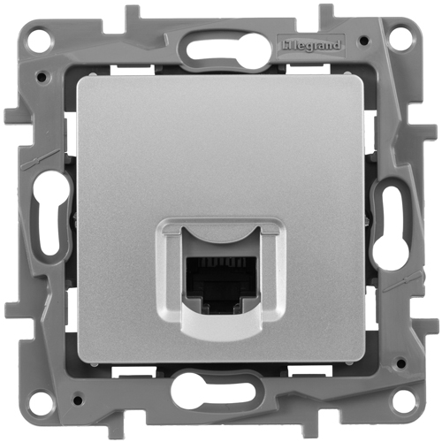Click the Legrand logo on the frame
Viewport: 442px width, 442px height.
[x=311, y=46]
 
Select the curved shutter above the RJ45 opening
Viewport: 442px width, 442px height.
[x=220, y=237]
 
